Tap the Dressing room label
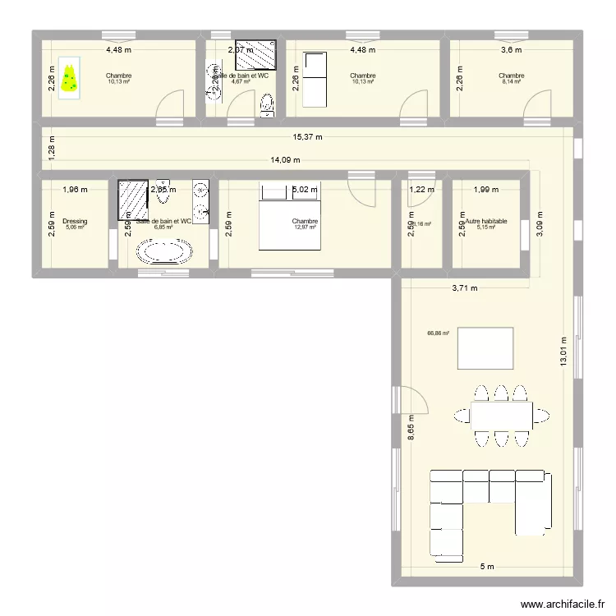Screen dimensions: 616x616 (75, 221)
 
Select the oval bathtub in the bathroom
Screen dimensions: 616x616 (167, 251)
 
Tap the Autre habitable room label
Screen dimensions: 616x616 (486, 221)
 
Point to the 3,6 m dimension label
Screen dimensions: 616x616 (512, 49)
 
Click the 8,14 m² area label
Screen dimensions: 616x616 (511, 82)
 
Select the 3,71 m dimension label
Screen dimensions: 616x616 (464, 288)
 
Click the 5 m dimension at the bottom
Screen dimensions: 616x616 (487, 566)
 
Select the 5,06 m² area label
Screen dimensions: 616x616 (75, 228)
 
